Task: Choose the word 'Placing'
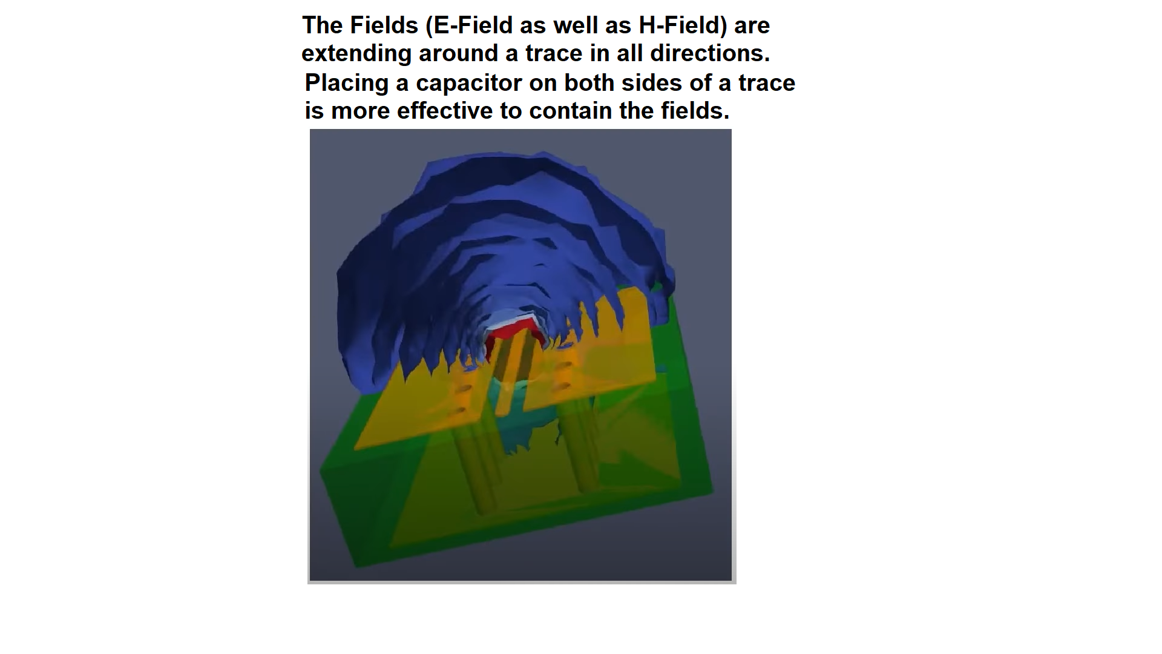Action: tap(346, 83)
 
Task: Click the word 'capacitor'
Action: tap(468, 83)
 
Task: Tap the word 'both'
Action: tap(589, 83)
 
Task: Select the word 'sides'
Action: tap(652, 83)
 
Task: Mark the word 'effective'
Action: tap(445, 111)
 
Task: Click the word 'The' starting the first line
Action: tap(322, 25)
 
